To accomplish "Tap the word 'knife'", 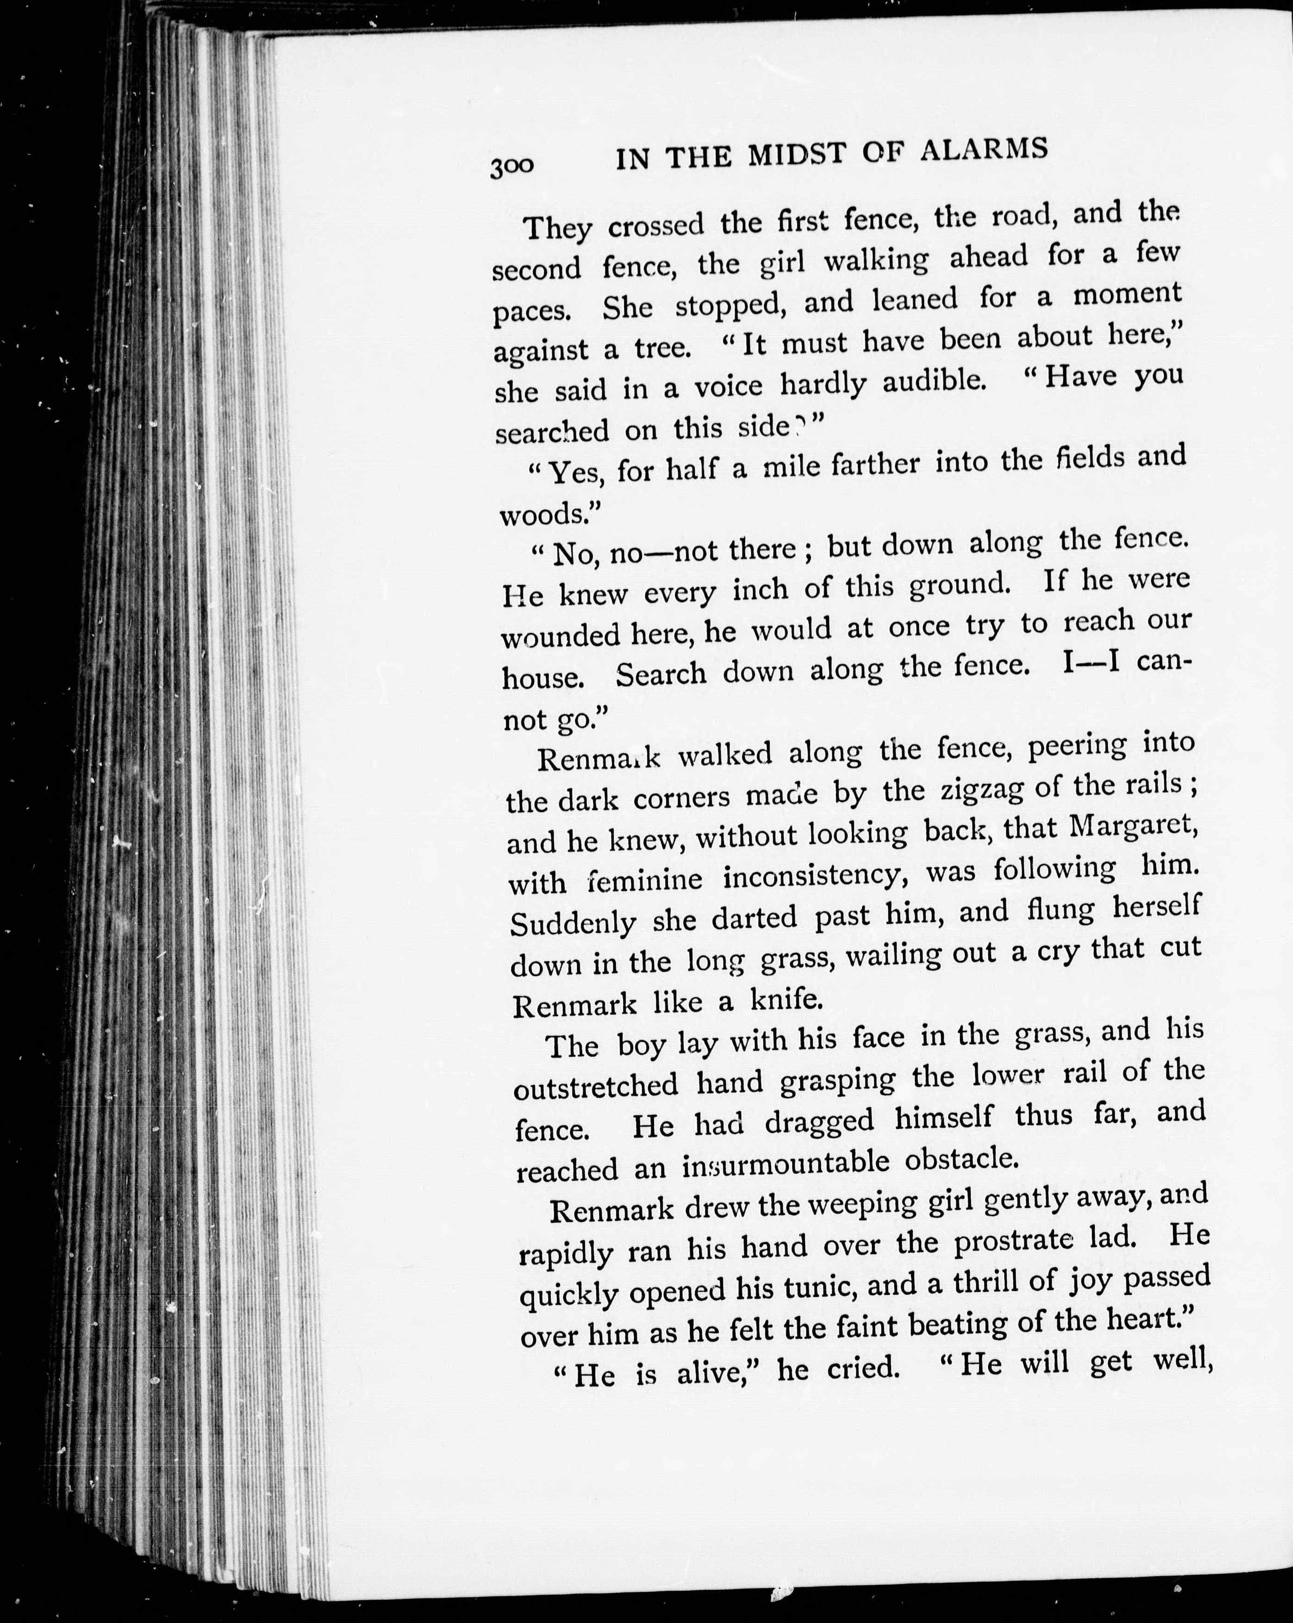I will [786, 1000].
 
